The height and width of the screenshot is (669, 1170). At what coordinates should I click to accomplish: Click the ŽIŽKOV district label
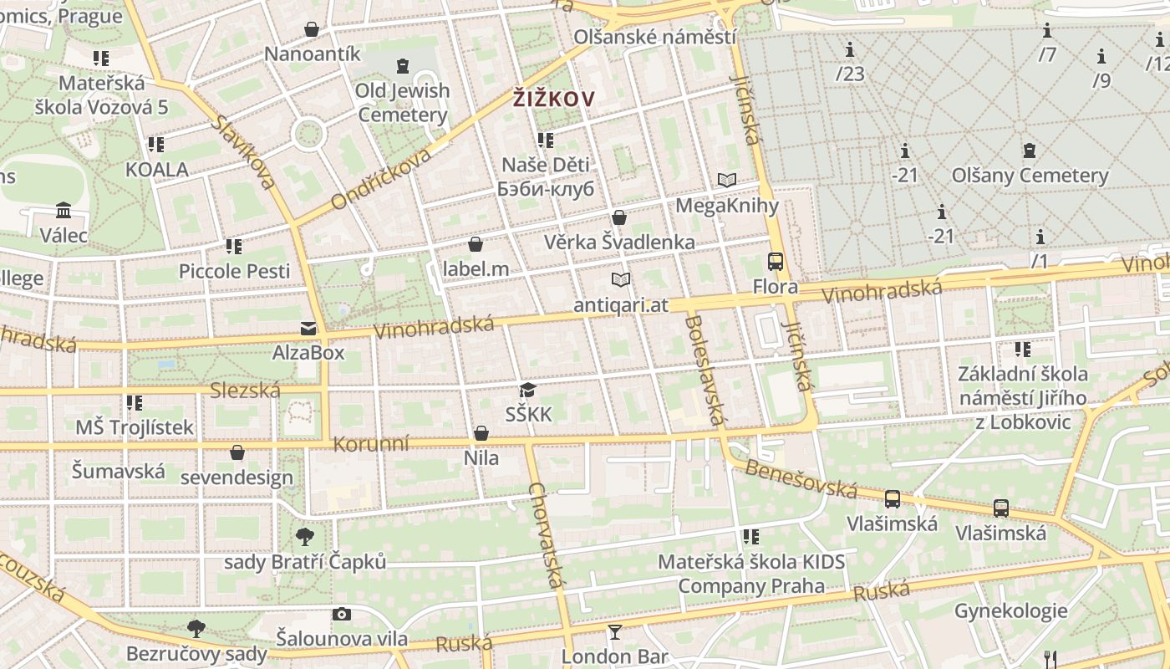click(554, 100)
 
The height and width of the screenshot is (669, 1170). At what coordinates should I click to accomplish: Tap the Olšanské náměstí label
click(654, 38)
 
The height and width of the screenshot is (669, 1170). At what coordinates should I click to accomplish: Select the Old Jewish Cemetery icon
click(403, 65)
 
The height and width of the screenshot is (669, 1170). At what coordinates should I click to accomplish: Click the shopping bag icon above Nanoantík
click(312, 29)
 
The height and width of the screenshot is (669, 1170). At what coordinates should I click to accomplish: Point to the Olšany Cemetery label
click(1030, 176)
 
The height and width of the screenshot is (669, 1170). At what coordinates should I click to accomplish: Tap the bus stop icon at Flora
click(776, 262)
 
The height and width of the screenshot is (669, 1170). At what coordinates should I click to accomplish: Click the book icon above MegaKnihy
click(727, 180)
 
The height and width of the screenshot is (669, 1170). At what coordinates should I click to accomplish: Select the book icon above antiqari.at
click(620, 279)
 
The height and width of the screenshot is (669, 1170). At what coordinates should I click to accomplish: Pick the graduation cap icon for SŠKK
click(527, 390)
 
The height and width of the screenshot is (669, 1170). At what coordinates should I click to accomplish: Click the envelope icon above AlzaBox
click(308, 328)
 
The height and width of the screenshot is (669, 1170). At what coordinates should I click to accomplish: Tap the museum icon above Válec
click(64, 210)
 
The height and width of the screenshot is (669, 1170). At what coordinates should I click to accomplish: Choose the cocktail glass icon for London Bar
click(615, 631)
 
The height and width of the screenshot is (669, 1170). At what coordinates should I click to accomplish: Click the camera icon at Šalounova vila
click(341, 615)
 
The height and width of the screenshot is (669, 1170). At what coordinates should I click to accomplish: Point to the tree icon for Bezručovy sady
click(196, 628)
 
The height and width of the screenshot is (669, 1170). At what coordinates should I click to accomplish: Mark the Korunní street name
click(371, 443)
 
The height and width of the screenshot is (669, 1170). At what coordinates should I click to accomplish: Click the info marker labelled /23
click(850, 49)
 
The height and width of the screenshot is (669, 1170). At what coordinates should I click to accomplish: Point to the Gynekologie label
click(1010, 610)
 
